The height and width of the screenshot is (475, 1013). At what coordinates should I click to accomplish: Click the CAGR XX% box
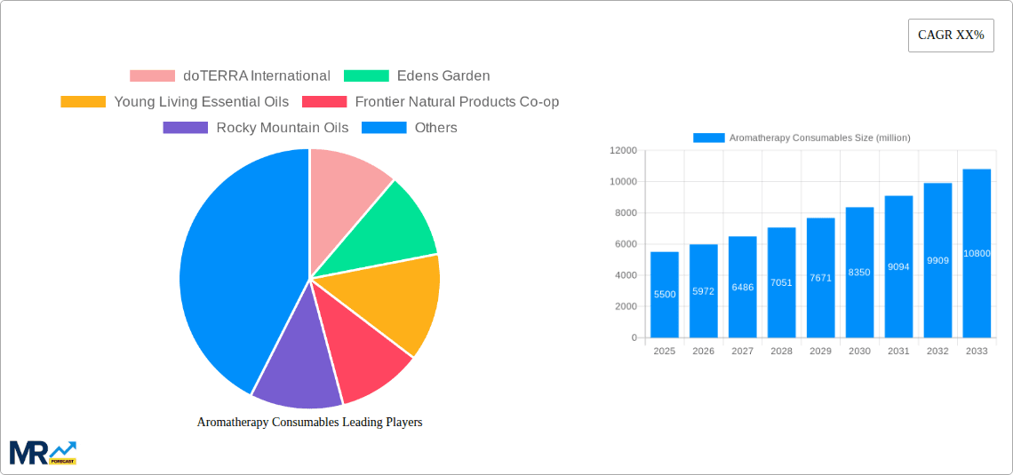(950, 36)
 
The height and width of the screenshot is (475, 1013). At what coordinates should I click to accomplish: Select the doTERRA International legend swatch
(152, 76)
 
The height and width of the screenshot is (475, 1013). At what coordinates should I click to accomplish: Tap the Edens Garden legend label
(443, 76)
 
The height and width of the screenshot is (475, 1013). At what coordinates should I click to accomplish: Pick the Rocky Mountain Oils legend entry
(282, 128)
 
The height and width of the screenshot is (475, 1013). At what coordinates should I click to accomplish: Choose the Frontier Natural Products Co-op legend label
(457, 102)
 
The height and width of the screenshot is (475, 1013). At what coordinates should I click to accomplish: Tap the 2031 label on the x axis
(898, 352)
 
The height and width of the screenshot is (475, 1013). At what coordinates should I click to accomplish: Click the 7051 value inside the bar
(781, 283)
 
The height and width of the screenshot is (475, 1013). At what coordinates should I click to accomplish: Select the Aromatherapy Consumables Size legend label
(819, 138)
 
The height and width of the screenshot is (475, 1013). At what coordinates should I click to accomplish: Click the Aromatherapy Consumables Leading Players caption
(309, 423)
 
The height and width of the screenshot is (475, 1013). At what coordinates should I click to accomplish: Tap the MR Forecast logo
(42, 452)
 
